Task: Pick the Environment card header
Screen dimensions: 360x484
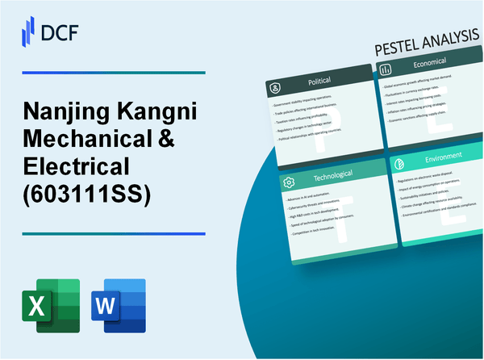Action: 436,155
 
